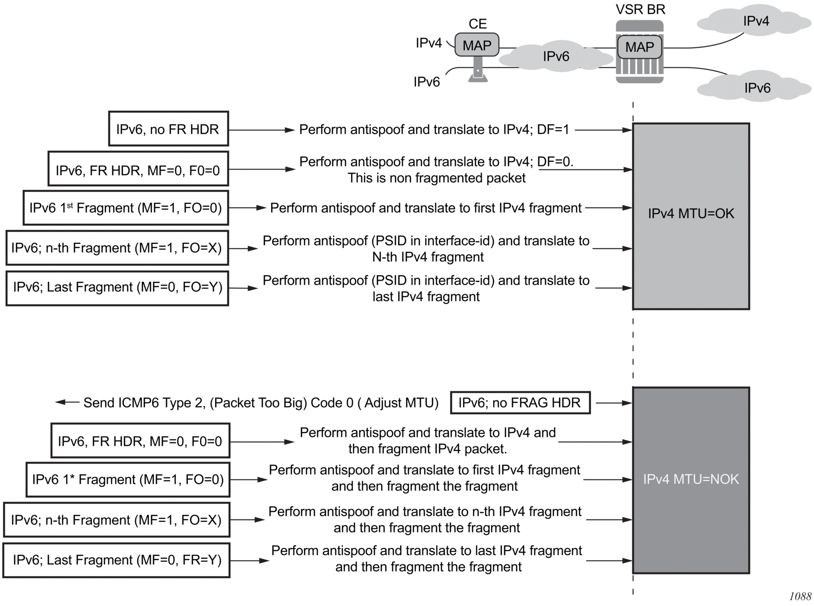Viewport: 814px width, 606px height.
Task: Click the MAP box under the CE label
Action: pyautogui.click(x=476, y=45)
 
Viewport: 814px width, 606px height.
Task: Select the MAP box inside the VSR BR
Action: pyautogui.click(x=639, y=47)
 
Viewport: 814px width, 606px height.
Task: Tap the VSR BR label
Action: pyautogui.click(x=640, y=9)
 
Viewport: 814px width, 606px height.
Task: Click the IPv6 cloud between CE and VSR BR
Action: pyautogui.click(x=556, y=57)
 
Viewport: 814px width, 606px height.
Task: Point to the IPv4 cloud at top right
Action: pyautogui.click(x=756, y=21)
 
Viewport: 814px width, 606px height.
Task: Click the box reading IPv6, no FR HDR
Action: pyautogui.click(x=168, y=129)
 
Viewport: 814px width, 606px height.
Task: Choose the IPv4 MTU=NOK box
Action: pyautogui.click(x=691, y=480)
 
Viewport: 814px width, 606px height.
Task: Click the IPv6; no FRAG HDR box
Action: pyautogui.click(x=520, y=402)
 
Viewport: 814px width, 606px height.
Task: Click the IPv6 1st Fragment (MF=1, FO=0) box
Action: pyautogui.click(x=126, y=208)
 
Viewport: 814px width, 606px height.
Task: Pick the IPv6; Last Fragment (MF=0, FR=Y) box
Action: pyautogui.click(x=116, y=560)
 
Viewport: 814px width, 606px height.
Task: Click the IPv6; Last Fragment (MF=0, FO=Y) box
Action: pyautogui.click(x=117, y=288)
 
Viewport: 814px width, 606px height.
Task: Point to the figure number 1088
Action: pyautogui.click(x=800, y=596)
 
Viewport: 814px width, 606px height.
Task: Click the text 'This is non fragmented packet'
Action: pyautogui.click(x=436, y=178)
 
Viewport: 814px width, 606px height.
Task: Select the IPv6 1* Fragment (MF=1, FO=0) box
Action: pyautogui.click(x=128, y=479)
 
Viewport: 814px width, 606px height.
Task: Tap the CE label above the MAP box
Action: pyautogui.click(x=477, y=24)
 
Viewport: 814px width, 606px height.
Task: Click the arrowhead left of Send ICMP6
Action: pyautogui.click(x=61, y=402)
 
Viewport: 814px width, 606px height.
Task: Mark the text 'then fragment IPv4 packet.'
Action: pyautogui.click(x=427, y=449)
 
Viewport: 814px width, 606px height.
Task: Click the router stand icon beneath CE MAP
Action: pyautogui.click(x=478, y=70)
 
